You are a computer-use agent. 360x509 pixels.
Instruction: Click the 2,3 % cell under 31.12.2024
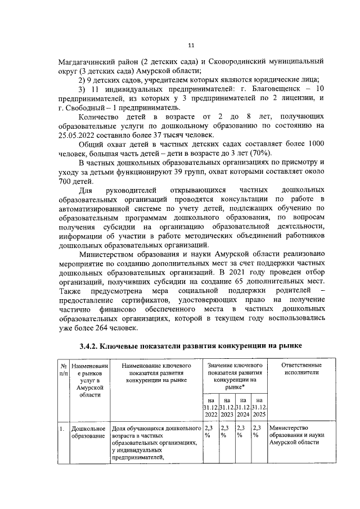pos(242,431)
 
